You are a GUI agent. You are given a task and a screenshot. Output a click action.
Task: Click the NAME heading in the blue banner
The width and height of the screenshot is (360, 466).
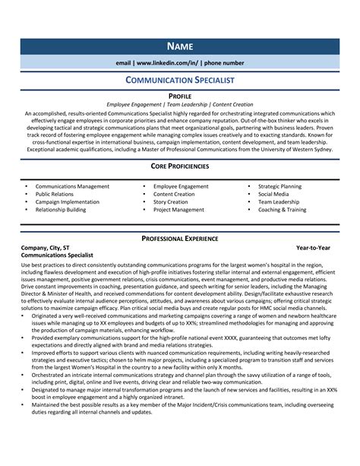point(180,46)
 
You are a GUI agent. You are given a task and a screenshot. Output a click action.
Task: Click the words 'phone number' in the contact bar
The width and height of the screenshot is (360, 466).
point(223,62)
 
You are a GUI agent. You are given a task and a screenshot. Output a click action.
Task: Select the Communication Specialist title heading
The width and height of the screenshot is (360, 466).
point(180,79)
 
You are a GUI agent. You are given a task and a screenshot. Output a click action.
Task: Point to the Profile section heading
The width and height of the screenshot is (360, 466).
point(180,96)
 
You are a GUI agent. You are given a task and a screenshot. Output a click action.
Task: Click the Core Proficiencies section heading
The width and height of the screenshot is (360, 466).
point(180,165)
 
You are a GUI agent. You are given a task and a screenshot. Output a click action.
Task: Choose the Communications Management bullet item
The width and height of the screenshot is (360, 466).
point(72,186)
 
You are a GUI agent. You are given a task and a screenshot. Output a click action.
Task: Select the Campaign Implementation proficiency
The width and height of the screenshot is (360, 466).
point(68,202)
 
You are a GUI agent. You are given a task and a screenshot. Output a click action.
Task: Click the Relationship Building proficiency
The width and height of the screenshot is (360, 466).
point(61,210)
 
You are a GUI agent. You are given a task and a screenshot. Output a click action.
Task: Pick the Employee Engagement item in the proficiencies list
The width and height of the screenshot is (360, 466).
point(181,186)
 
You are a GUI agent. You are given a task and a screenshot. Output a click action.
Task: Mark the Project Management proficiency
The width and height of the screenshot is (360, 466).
point(178,210)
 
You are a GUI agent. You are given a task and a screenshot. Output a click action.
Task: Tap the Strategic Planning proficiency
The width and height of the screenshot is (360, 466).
point(279,186)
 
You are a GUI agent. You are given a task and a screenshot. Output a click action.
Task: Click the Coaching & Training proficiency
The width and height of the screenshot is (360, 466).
point(282,210)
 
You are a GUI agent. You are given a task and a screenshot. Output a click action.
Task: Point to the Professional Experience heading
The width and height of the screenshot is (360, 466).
point(180,239)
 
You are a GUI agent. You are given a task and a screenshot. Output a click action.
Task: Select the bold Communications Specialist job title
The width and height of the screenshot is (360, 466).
point(57,256)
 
